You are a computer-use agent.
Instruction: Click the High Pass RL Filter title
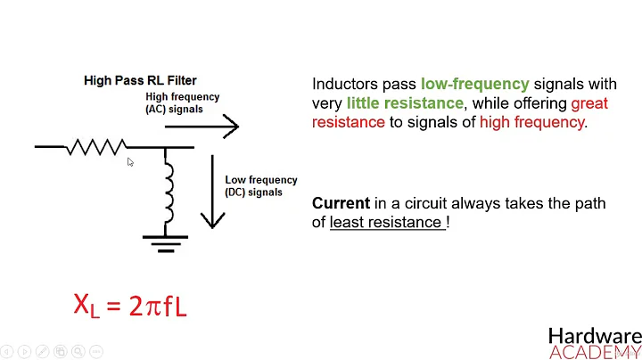[x=139, y=80]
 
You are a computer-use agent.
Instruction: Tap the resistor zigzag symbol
[x=95, y=146]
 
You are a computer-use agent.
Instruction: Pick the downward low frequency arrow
[x=211, y=191]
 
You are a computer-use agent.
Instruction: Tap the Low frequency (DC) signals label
[x=260, y=185]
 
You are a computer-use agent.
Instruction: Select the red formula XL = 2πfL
[x=130, y=306]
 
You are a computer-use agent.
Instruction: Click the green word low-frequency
[x=474, y=84]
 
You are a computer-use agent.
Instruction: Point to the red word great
[x=588, y=103]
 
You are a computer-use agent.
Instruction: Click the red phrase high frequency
[x=532, y=122]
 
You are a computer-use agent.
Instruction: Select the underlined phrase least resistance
[x=386, y=223]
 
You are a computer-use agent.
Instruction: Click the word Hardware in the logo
[x=594, y=336]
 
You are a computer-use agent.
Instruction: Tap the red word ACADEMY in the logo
[x=594, y=352]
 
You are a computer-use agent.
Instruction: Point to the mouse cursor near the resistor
[x=130, y=162]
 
